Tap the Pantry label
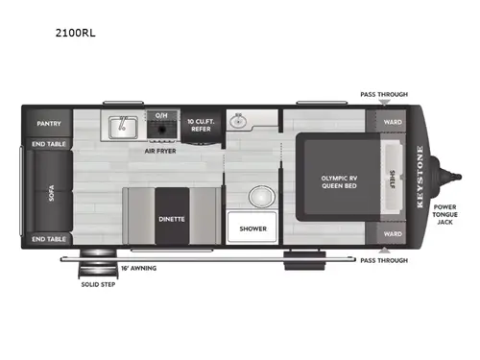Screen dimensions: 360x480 tap(49, 124)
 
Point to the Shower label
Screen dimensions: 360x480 tap(252, 228)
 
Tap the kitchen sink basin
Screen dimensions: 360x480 tap(122, 125)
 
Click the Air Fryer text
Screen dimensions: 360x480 tap(160, 151)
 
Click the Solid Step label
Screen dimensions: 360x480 tap(99, 283)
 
